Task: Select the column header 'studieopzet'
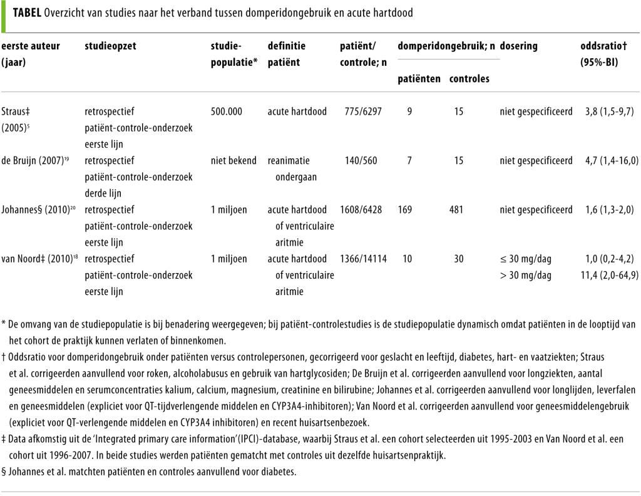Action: (110, 46)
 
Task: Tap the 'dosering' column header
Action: (518, 46)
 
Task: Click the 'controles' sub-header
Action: (469, 79)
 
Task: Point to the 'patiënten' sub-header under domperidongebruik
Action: (419, 79)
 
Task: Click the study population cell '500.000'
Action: (227, 111)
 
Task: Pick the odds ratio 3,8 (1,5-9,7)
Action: (607, 111)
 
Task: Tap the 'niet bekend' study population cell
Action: (233, 160)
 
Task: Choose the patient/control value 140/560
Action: (361, 160)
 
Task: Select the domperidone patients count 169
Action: (405, 210)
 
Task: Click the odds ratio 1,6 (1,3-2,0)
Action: (607, 210)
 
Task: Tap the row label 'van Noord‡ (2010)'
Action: (39, 259)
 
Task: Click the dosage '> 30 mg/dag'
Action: (526, 275)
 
